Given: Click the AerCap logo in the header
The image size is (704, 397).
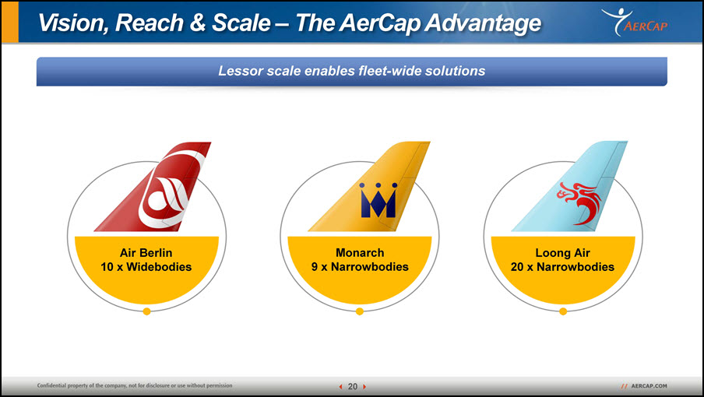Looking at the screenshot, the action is point(634,22).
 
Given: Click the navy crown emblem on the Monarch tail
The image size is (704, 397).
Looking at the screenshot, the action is point(378,200).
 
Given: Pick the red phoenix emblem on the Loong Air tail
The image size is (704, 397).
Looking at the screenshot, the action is point(579,202).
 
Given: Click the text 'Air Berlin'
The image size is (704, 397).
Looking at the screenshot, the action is point(146,252).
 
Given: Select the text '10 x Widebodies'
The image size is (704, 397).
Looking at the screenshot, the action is point(146,267).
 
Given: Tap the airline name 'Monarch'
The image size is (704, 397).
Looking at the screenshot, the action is point(360,252).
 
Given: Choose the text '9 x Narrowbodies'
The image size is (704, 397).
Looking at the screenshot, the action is point(360,267).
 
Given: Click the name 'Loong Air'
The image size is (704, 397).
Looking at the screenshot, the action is point(562,252).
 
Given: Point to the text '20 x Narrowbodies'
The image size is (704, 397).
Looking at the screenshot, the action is point(562,267).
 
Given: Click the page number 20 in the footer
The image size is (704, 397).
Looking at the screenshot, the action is point(353,386).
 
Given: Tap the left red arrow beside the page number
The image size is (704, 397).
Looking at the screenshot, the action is point(340,387).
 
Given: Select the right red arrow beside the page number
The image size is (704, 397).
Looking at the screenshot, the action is point(364,387).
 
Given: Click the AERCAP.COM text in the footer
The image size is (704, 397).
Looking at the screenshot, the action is point(649,386).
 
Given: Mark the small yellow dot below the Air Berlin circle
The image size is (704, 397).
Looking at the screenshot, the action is point(146,311).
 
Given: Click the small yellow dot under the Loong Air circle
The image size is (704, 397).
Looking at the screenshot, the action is point(563,311).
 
